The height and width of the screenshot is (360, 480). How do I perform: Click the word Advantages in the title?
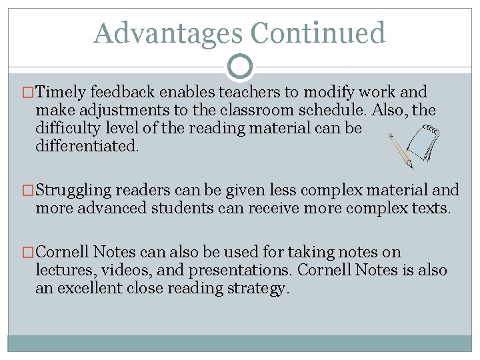click(x=168, y=33)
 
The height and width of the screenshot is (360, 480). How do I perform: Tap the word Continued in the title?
click(x=318, y=33)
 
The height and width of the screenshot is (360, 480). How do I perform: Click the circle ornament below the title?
click(x=240, y=67)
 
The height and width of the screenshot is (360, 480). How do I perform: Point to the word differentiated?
click(x=87, y=145)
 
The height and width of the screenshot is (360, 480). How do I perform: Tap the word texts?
click(x=431, y=208)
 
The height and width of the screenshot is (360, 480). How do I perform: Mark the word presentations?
click(x=235, y=270)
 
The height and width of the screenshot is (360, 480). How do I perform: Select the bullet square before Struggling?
click(x=28, y=191)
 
